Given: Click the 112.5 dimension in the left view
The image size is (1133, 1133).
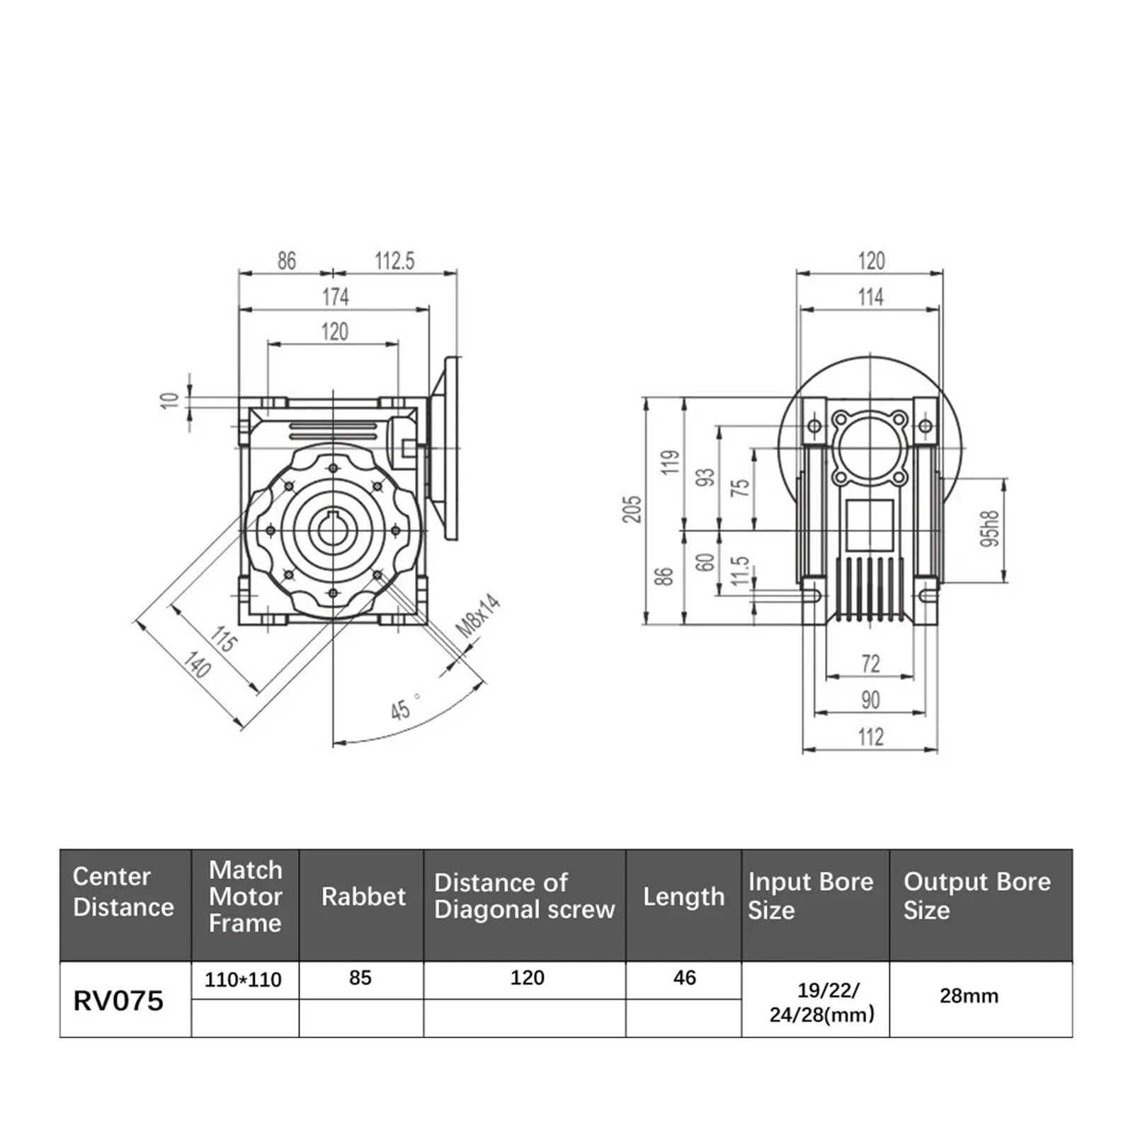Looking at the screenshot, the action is click(x=394, y=261).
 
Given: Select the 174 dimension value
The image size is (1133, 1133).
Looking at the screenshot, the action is click(x=336, y=297).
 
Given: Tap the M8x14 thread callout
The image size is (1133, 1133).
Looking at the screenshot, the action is click(x=477, y=615).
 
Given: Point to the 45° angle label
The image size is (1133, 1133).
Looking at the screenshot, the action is click(x=404, y=707).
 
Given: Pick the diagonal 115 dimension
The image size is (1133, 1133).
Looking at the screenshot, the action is click(x=224, y=639).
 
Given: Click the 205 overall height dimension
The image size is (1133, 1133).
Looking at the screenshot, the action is click(x=632, y=509).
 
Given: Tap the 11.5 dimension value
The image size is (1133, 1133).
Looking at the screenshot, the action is click(x=739, y=571).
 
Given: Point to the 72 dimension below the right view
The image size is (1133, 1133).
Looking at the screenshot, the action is click(x=870, y=664).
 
